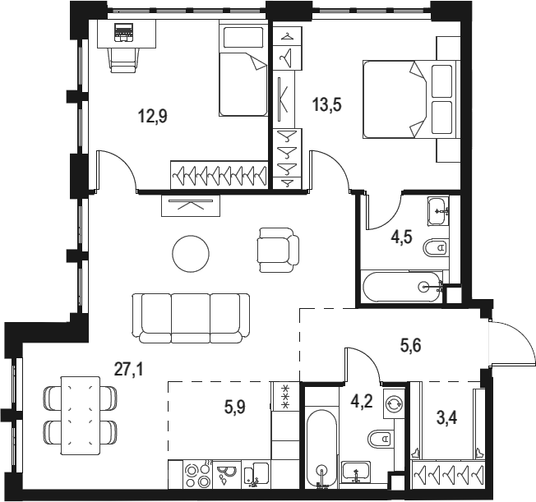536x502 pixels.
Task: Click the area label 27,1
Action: tap(129, 369)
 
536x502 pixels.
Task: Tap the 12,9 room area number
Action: tap(152, 116)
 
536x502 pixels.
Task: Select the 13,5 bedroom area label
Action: tap(327, 104)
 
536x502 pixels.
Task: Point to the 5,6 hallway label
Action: tap(410, 346)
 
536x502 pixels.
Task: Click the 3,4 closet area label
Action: tap(447, 417)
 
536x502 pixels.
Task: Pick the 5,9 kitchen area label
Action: tap(235, 407)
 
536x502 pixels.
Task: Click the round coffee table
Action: tap(191, 254)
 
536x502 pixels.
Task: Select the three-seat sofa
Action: tap(191, 318)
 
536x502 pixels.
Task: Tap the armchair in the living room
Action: tap(278, 250)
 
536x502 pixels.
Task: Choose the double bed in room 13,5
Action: tap(411, 99)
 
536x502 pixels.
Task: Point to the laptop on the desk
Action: tap(124, 33)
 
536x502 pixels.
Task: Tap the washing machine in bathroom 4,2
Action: tap(394, 403)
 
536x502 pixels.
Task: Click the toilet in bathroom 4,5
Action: tap(436, 247)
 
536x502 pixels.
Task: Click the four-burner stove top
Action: tap(197, 474)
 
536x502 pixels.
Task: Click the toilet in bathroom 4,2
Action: tap(380, 438)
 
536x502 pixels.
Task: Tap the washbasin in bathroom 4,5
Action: tap(438, 211)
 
